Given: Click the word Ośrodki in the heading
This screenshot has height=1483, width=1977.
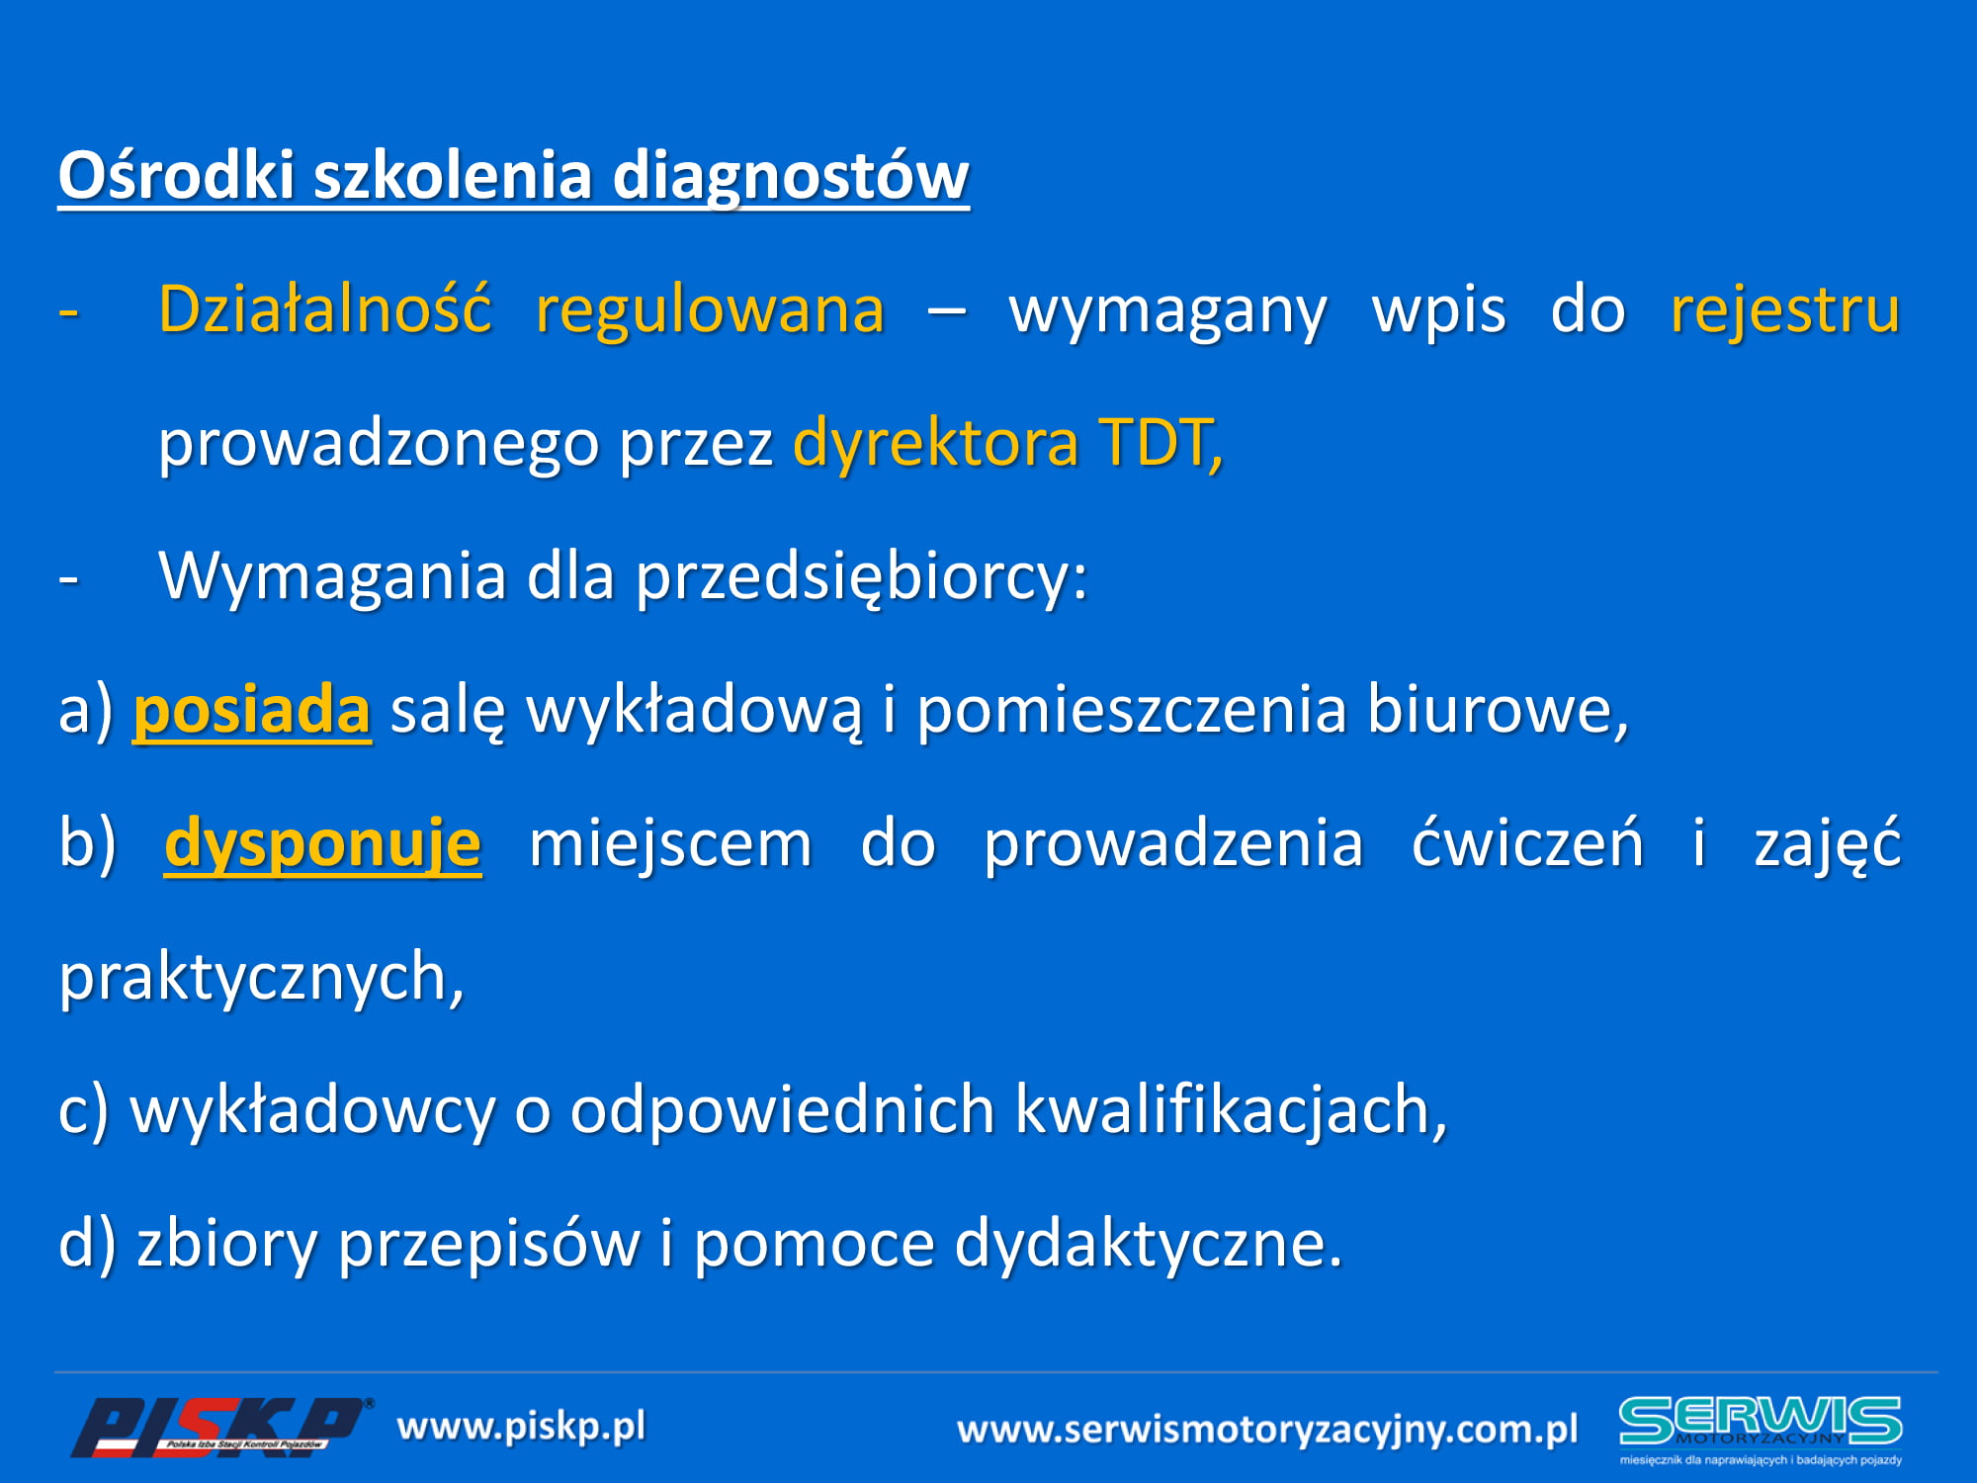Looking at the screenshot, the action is [x=177, y=175].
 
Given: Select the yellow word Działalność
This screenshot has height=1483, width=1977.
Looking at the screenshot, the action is [x=325, y=309].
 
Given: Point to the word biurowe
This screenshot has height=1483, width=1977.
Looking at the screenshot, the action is [x=1498, y=711].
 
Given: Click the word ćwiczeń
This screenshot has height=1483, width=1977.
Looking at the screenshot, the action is [x=1527, y=842].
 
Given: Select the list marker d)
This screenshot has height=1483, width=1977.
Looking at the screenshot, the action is [x=88, y=1245].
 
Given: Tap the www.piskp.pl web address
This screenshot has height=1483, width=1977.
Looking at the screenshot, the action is [x=521, y=1428].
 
